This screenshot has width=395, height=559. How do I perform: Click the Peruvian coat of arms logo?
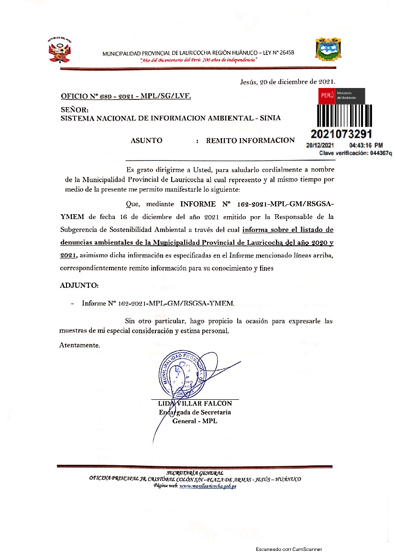coord(59,50)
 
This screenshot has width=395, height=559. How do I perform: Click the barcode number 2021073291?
coord(341,134)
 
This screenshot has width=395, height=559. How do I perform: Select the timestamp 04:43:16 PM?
coord(366,145)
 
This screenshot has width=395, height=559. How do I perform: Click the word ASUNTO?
coord(146,141)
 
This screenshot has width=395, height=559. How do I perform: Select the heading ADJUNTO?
coord(79,285)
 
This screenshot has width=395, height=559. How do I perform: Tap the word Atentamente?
coord(79,345)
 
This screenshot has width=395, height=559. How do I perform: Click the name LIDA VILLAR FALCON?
coord(195,404)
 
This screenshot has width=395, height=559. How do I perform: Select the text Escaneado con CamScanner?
coord(289,550)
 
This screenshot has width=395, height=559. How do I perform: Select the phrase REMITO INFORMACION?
coord(250,141)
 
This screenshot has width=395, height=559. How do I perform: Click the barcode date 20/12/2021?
coord(320,145)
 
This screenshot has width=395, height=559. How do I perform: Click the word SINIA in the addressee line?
coord(270,118)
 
